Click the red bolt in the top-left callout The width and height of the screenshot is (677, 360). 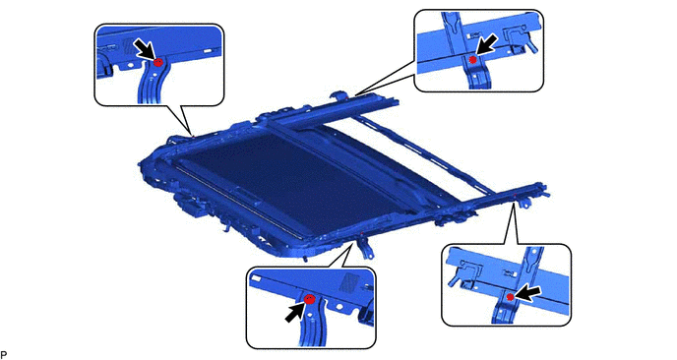pyautogui.click(x=158, y=62)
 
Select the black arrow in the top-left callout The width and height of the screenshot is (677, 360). pyautogui.click(x=144, y=48)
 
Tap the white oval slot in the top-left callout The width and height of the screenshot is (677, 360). pyautogui.click(x=208, y=51)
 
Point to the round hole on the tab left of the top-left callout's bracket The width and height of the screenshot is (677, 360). pyautogui.click(x=129, y=65)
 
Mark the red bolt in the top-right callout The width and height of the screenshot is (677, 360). pyautogui.click(x=472, y=60)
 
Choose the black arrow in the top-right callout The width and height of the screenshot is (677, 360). pyautogui.click(x=487, y=46)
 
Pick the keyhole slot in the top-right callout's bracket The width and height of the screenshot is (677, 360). pyautogui.click(x=452, y=26)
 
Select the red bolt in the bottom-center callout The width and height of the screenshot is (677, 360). pyautogui.click(x=310, y=299)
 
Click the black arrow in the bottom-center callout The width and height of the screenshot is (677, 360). pyautogui.click(x=296, y=312)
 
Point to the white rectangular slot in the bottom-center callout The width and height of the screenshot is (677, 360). pyautogui.click(x=258, y=278)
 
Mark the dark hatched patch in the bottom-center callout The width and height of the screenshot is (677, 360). pyautogui.click(x=348, y=282)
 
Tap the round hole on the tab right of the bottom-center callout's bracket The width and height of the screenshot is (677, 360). pyautogui.click(x=339, y=308)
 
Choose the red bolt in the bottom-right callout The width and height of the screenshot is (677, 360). pyautogui.click(x=510, y=297)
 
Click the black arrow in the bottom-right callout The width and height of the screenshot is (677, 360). pyautogui.click(x=526, y=294)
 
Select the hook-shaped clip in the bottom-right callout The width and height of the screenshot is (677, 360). pyautogui.click(x=464, y=270)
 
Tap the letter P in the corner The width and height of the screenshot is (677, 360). pyautogui.click(x=4, y=355)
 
